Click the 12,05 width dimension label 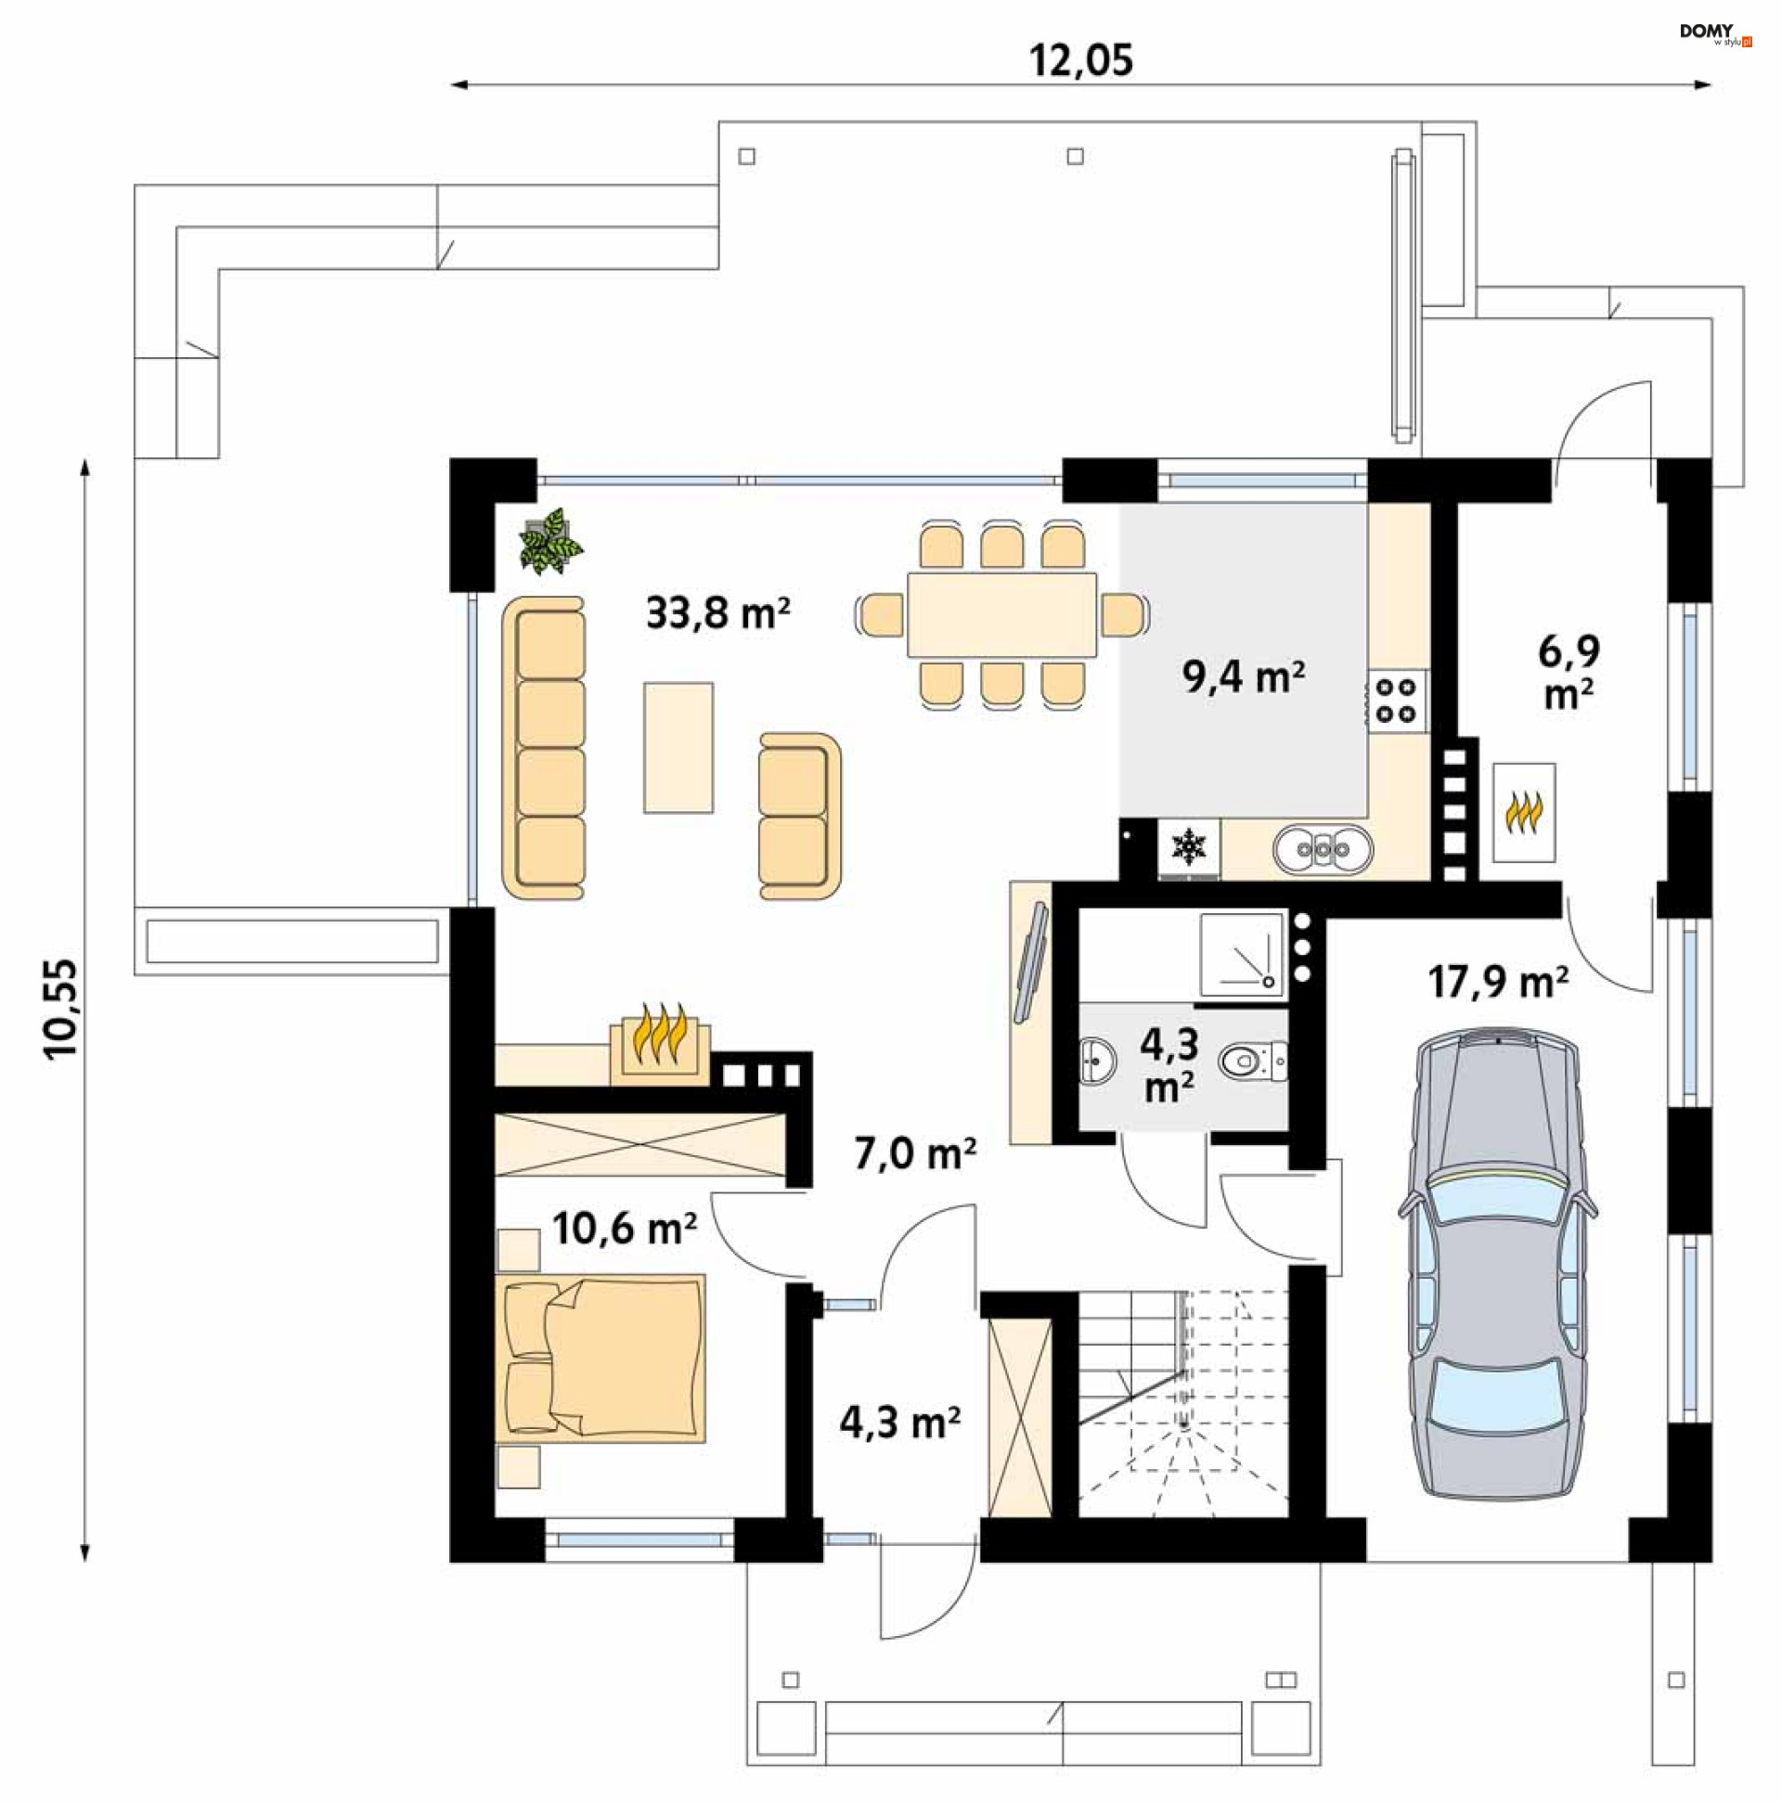tap(1081, 60)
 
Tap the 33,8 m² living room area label tap(717, 613)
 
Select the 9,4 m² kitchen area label tap(1244, 676)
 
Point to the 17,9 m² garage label tap(1497, 982)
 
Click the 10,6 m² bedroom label tap(624, 1229)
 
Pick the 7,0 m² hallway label tap(915, 1154)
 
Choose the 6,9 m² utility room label tap(1569, 671)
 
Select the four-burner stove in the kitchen tap(1398, 701)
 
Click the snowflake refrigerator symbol tap(1189, 847)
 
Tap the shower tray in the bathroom tap(1242, 954)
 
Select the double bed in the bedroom tap(600, 1359)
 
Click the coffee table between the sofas tap(678, 748)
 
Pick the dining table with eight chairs tap(1001, 615)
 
